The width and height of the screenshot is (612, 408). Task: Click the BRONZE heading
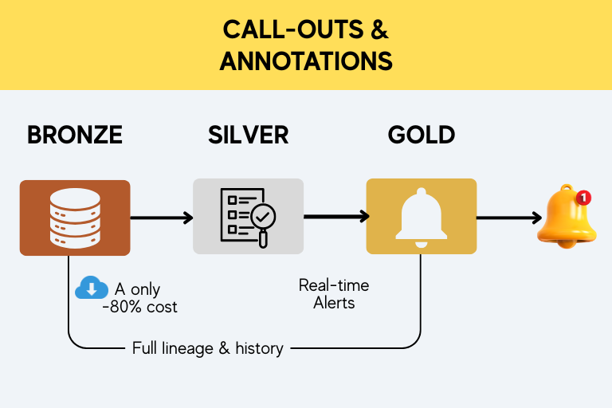click(75, 135)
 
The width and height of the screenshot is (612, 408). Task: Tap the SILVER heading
click(249, 135)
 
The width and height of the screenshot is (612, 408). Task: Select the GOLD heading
click(422, 135)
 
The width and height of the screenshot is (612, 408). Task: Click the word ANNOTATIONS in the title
click(306, 61)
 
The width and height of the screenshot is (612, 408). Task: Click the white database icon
click(75, 218)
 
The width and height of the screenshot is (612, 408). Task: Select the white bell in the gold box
click(422, 218)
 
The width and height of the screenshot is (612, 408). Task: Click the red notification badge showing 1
click(583, 198)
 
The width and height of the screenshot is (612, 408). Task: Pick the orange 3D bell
click(567, 217)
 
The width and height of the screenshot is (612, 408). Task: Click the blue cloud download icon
click(92, 288)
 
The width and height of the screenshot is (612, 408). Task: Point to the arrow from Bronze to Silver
click(162, 218)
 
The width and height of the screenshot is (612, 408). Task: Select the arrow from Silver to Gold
click(336, 216)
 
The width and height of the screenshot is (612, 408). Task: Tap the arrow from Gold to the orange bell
click(509, 218)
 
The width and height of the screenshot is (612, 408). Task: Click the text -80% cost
click(139, 307)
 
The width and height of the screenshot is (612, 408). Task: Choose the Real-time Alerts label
click(334, 294)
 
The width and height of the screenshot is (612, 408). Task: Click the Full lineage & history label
click(208, 348)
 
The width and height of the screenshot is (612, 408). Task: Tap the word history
click(260, 348)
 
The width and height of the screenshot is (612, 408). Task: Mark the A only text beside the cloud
click(137, 289)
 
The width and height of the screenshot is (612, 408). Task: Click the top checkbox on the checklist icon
click(232, 200)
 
